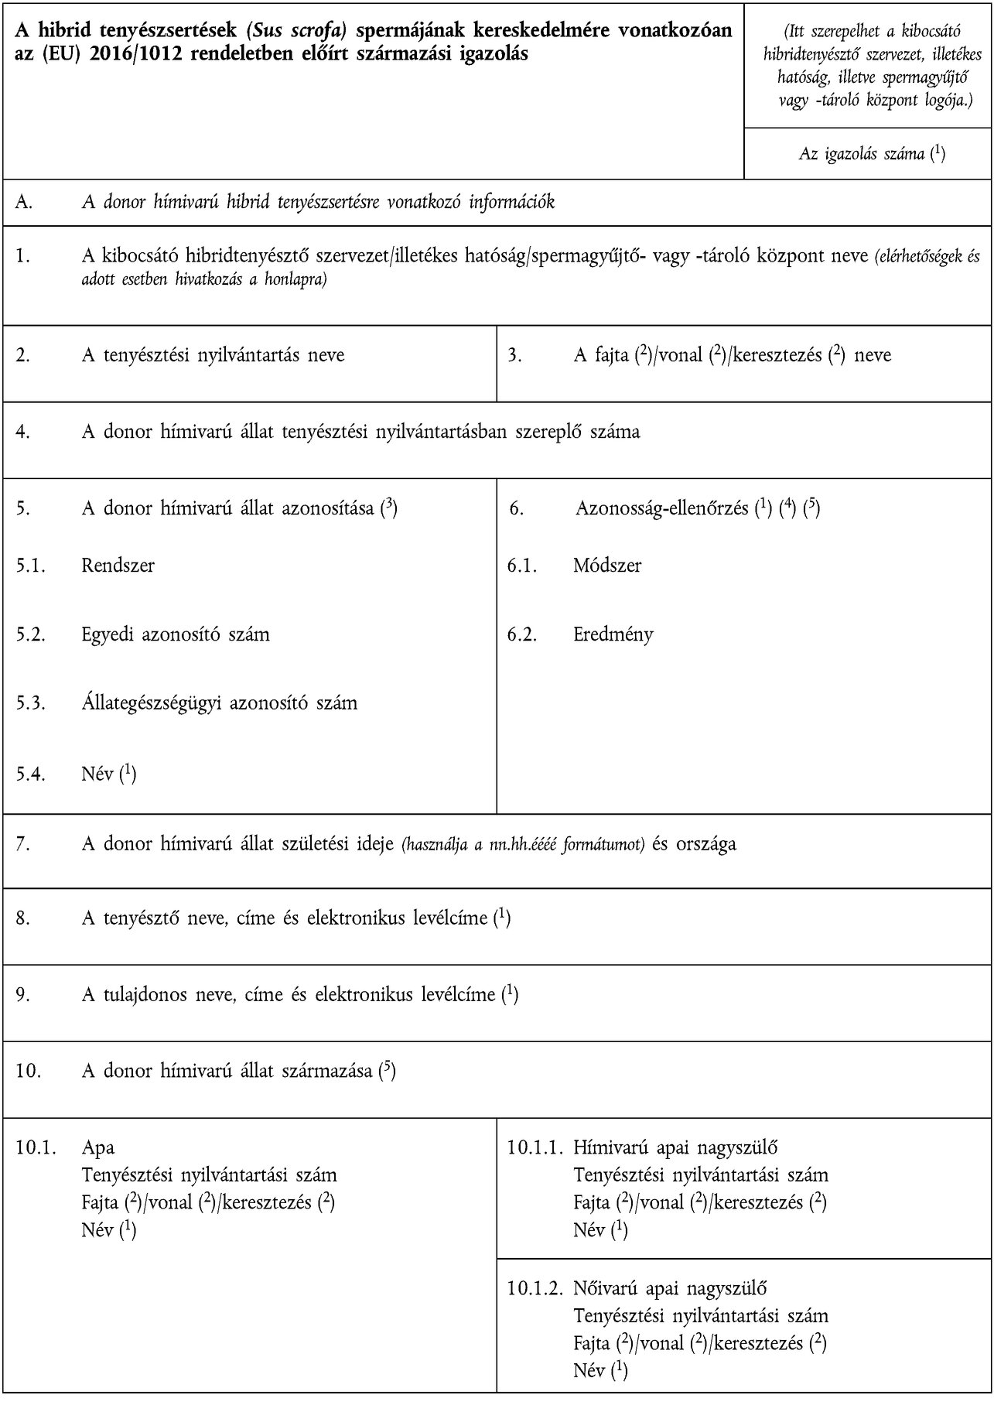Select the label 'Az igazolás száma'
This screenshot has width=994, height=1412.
coord(862,153)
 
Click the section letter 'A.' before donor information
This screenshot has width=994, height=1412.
coord(24,203)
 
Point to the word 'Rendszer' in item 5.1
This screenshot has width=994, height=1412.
coord(118,566)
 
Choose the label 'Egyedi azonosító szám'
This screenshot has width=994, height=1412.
coord(176,634)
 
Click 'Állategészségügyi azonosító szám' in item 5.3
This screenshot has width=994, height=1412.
coord(219,703)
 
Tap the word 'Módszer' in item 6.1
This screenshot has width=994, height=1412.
coord(607,566)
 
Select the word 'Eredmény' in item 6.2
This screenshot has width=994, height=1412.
coord(613,634)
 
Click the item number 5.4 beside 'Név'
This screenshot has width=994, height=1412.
coord(30,773)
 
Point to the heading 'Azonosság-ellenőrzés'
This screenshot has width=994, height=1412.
coord(662,508)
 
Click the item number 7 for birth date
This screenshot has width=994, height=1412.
coord(23,843)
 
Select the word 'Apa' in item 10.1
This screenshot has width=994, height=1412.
coord(98,1147)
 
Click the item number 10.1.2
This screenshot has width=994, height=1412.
coord(535,1288)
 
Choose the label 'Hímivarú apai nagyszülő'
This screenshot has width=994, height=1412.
coord(675,1147)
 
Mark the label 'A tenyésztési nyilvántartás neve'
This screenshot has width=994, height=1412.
coord(213,355)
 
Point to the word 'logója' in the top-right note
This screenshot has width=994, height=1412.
coord(944,101)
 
